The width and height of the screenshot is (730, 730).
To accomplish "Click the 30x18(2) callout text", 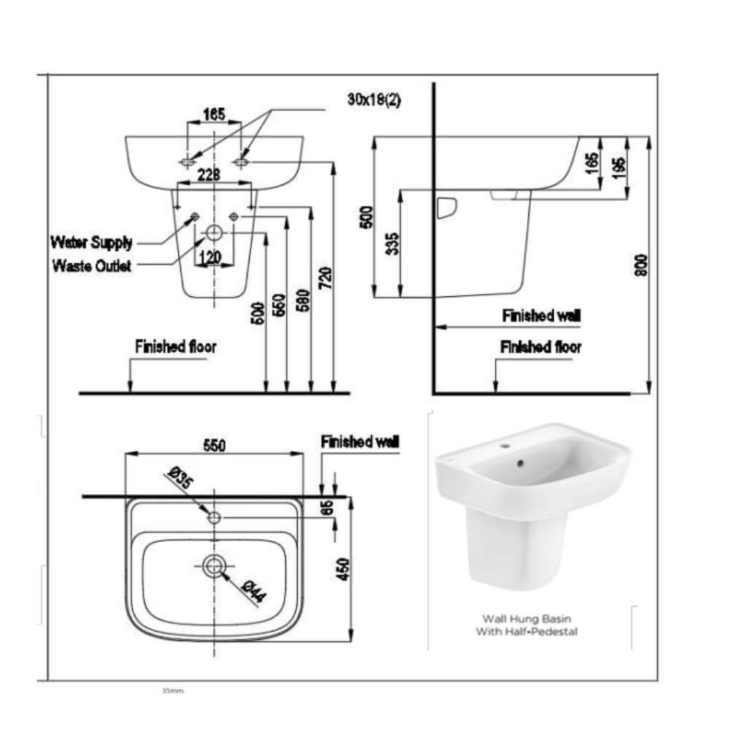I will point(374,100).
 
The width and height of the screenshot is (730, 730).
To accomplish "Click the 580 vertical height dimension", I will point(303,299).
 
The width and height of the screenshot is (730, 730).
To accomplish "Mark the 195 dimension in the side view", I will point(618,166).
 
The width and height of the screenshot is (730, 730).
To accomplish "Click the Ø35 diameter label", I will point(179,482).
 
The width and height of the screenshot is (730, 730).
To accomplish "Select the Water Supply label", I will point(91,242).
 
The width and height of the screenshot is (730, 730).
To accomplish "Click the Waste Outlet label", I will point(92,266).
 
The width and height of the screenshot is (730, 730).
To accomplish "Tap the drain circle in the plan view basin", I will point(214,564).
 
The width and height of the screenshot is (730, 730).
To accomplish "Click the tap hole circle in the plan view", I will point(214,518).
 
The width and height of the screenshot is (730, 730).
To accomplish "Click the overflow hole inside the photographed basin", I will point(519,462).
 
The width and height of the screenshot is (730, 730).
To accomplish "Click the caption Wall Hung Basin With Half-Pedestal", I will point(526,625).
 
